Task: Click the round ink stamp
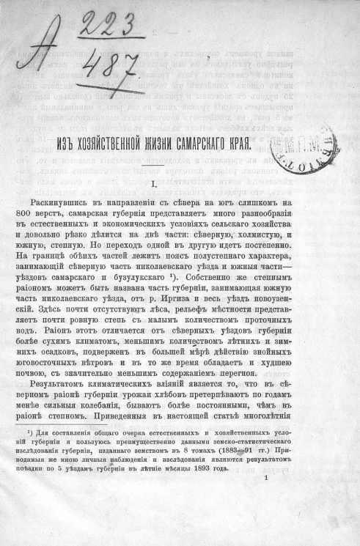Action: click(x=303, y=139)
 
